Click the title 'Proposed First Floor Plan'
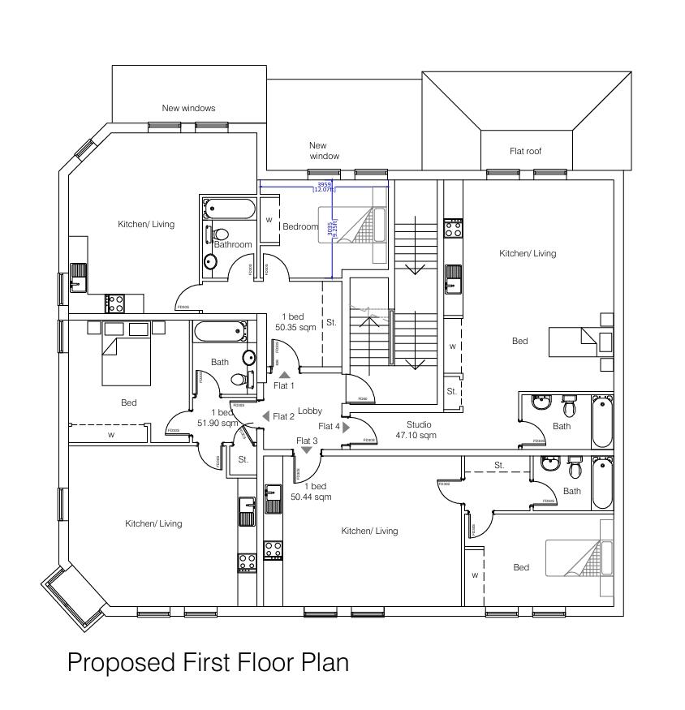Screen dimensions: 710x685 (208, 662)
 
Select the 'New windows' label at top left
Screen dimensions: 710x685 (188, 108)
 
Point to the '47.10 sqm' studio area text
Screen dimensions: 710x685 (416, 436)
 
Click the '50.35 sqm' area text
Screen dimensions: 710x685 (295, 327)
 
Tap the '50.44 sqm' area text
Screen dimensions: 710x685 (311, 497)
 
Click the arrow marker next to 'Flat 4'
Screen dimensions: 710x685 (347, 426)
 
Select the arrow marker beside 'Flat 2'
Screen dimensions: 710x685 (265, 416)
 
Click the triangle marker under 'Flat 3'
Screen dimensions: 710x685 (307, 450)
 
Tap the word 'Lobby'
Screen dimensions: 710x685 (310, 411)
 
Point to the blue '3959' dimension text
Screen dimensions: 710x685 (324, 184)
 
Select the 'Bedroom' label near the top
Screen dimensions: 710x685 (299, 226)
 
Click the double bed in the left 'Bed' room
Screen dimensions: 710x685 (127, 361)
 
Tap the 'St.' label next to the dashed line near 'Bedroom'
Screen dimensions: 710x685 (331, 322)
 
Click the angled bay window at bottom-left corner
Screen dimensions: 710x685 (74, 596)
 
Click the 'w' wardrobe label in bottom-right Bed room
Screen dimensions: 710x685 (475, 575)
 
